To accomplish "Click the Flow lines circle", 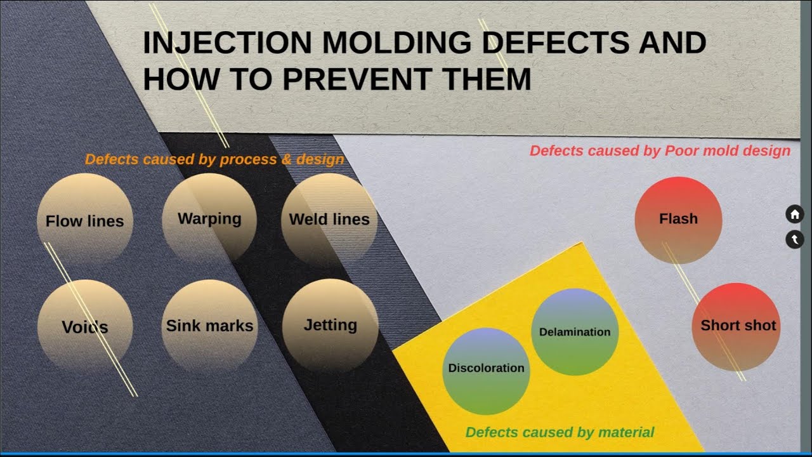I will coord(84,220).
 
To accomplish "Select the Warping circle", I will coord(209,218).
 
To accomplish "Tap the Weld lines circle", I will coord(329,219).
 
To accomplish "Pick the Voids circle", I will coord(85,326).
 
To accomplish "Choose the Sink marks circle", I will coord(209,326).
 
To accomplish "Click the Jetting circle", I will coord(330,325).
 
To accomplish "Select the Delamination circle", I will coord(574,332).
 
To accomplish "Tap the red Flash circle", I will coord(678,219).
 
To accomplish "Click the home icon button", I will coord(794,214).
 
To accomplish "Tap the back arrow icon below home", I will coord(794,239).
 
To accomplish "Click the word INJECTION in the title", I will coord(227,43).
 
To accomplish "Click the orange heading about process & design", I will coord(214,159).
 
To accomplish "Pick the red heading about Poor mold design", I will coord(660,151).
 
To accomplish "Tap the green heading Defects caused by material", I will coord(560,432).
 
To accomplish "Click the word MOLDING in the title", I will coord(397,43).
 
